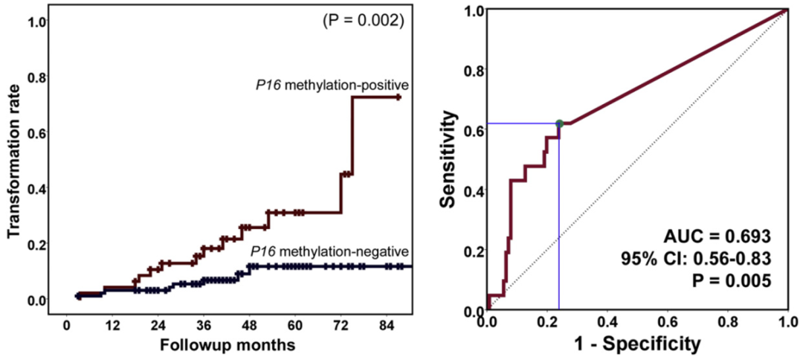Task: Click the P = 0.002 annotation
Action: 363,22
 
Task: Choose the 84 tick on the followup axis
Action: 385,326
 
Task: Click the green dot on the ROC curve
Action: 559,123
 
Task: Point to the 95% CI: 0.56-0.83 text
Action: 697,259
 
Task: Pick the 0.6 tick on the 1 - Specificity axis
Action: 668,321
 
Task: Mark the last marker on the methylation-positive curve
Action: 399,97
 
